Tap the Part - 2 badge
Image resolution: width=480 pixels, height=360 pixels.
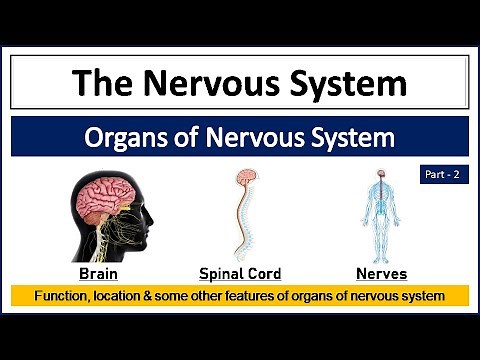(441, 172)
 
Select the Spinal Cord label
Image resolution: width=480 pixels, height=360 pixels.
(240, 273)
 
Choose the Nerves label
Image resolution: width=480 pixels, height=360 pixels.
(381, 273)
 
